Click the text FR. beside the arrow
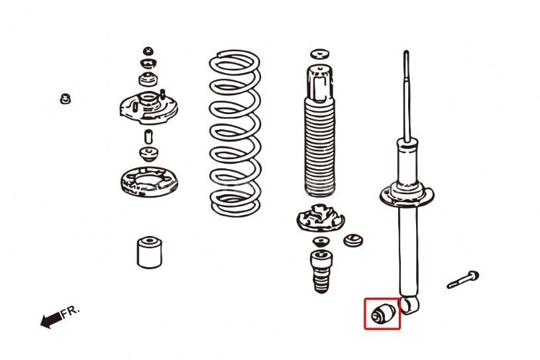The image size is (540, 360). (70, 312)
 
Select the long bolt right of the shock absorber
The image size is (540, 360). (463, 279)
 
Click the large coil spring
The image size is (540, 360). (235, 133)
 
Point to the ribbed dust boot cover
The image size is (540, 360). (319, 131)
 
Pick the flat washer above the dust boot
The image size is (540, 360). (319, 54)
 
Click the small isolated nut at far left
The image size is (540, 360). (65, 99)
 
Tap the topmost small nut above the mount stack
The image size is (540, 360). (148, 51)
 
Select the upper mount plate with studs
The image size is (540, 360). (149, 107)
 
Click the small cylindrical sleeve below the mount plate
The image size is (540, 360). (148, 137)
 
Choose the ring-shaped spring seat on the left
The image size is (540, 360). (149, 182)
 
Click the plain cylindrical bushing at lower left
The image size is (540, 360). (150, 252)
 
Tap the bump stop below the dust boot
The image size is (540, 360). (321, 271)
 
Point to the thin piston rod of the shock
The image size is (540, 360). (407, 96)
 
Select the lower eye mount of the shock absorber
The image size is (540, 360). (410, 306)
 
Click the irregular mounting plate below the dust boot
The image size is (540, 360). (320, 217)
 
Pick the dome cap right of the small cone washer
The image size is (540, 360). (353, 240)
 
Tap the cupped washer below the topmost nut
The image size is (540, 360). (148, 64)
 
